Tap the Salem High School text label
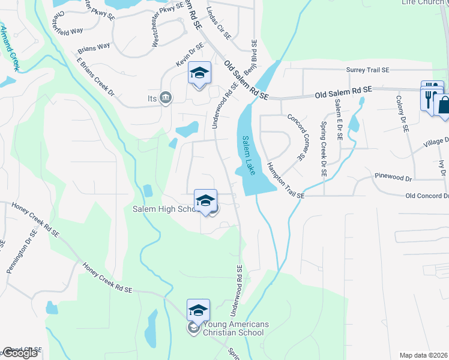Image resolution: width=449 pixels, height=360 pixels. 166,209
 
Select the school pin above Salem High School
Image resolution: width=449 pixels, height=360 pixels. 205,201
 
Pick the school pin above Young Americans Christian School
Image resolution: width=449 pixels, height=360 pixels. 198,310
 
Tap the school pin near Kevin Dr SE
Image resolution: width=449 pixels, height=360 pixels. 200,74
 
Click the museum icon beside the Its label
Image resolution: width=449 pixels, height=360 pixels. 166,98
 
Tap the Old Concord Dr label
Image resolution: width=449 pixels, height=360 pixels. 427,196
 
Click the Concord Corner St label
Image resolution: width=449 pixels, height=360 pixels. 295,137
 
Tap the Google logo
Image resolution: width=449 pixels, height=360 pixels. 20,353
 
